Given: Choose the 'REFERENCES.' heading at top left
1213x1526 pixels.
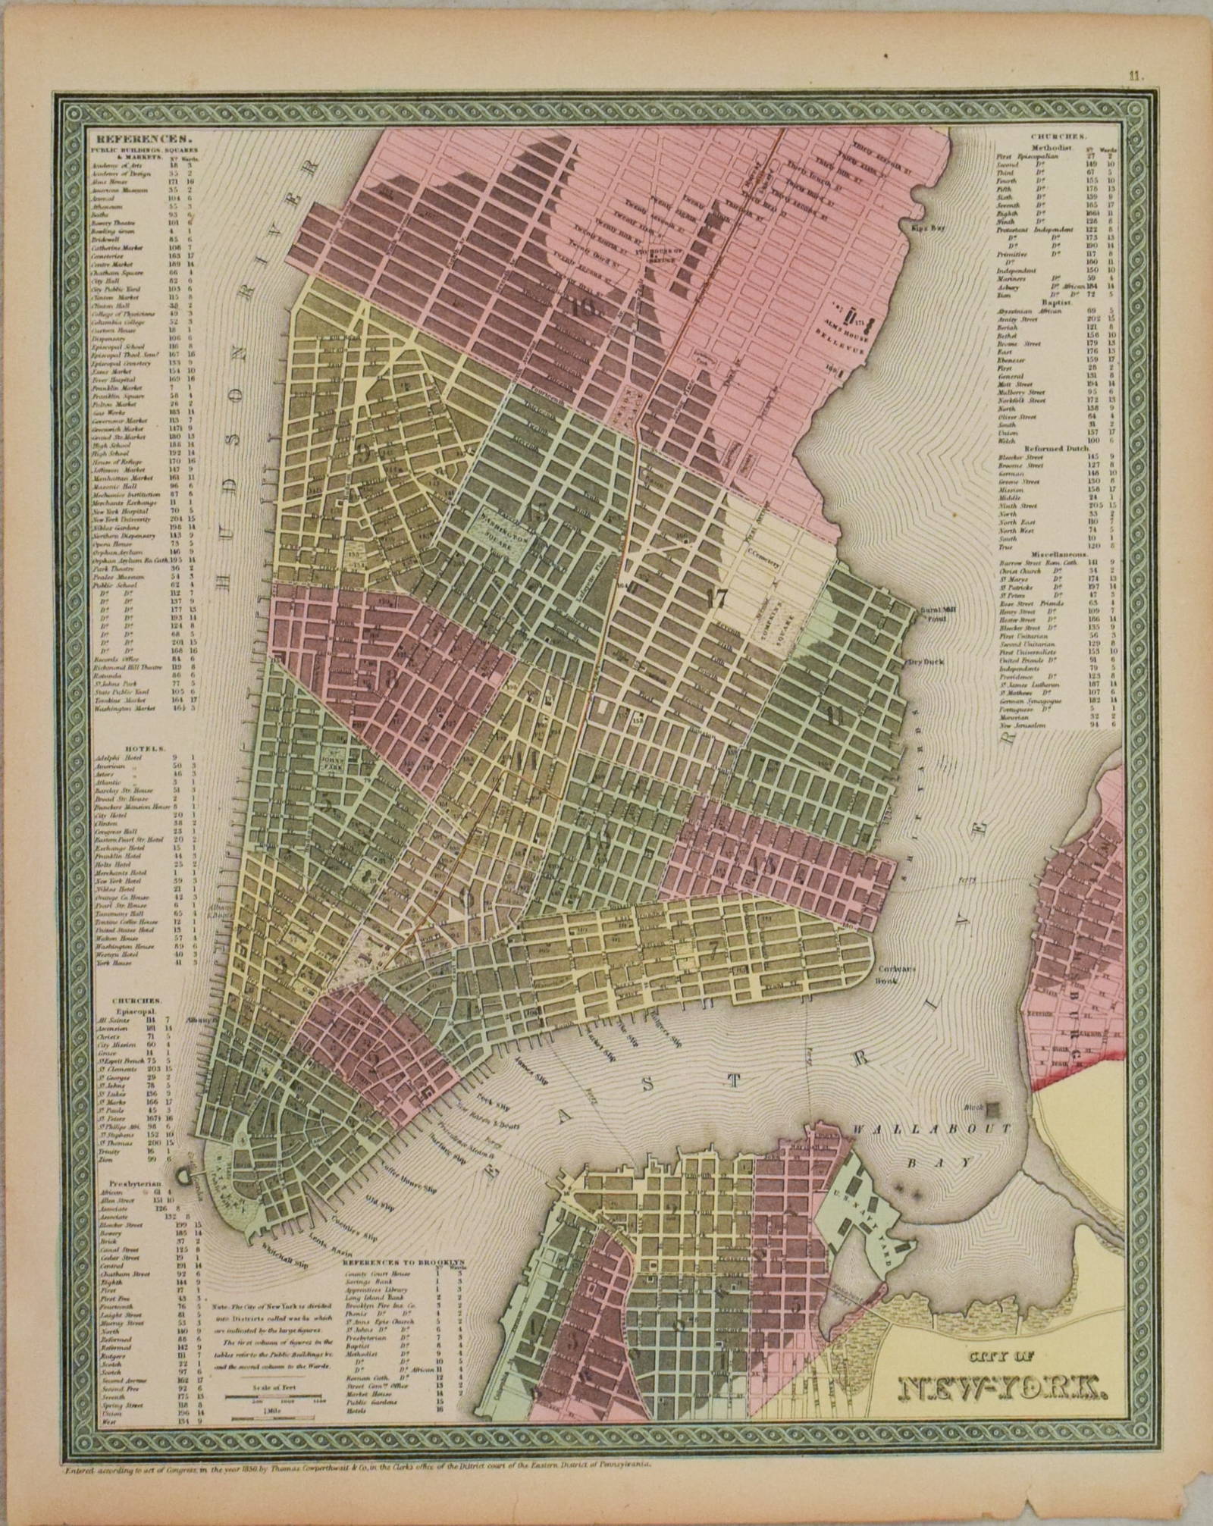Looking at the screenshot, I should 139,139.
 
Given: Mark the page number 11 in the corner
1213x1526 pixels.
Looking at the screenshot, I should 1134,75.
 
